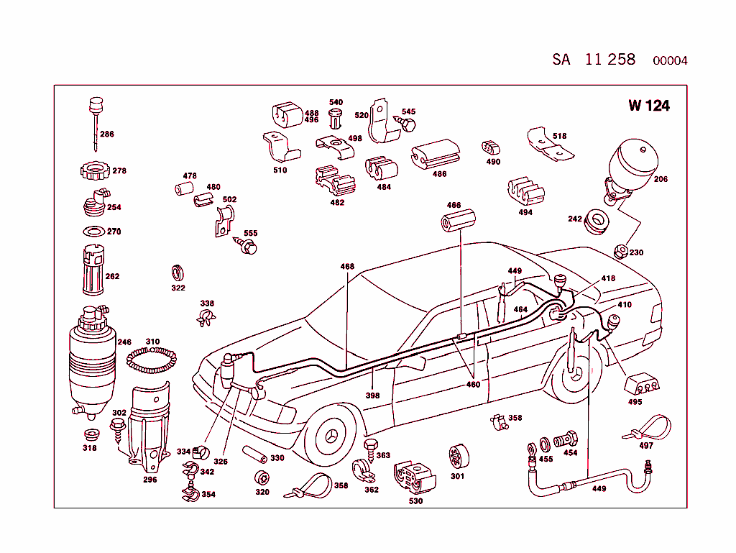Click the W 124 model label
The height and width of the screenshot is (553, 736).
click(x=648, y=106)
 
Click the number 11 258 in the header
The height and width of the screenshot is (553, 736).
click(x=610, y=60)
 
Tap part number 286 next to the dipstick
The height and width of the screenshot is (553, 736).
click(x=106, y=134)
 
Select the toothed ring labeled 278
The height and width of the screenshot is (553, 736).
click(x=93, y=172)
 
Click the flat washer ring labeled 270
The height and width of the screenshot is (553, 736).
click(x=93, y=232)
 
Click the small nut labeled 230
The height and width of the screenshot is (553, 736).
click(x=620, y=251)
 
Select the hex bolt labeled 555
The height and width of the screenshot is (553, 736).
click(x=247, y=247)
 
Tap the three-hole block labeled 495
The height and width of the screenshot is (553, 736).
click(x=643, y=384)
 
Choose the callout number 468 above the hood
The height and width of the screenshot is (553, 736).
click(x=347, y=267)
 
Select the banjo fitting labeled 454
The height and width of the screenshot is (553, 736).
click(x=569, y=438)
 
